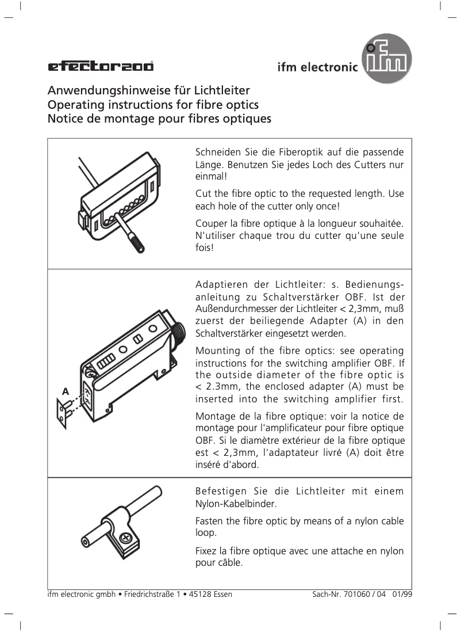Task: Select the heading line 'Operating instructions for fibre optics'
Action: [152, 105]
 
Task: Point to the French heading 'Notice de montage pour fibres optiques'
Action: [159, 120]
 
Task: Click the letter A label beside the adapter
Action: [65, 391]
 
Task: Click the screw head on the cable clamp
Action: [125, 538]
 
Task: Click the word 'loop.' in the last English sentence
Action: [206, 533]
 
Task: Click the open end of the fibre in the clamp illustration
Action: [86, 542]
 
